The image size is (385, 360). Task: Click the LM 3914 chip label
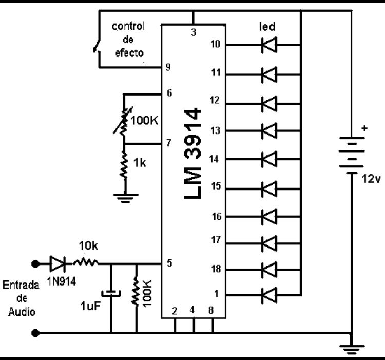pos(192,154)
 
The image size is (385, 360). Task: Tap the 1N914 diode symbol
pos(57,264)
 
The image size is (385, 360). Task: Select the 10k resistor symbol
pos(86,263)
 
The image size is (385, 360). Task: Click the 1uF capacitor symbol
pos(111,293)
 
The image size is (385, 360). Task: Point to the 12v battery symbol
pos(352,155)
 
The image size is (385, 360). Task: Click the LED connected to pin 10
pos(269,45)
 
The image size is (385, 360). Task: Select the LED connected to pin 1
pos(269,295)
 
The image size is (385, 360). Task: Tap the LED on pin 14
pos(269,159)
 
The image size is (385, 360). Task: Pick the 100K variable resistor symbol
pos(124,120)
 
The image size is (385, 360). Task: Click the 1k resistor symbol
pos(124,164)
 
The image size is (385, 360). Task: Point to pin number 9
pos(168,67)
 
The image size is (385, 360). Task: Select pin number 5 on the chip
pos(169,263)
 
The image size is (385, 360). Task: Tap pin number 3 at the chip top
pos(194,32)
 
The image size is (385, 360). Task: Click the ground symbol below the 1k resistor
pos(125,198)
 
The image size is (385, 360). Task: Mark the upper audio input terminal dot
pos(35,264)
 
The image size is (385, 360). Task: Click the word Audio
pos(22,312)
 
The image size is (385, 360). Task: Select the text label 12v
pos(371,179)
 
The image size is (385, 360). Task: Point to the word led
pos(267,26)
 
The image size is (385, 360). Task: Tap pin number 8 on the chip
pos(211,310)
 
